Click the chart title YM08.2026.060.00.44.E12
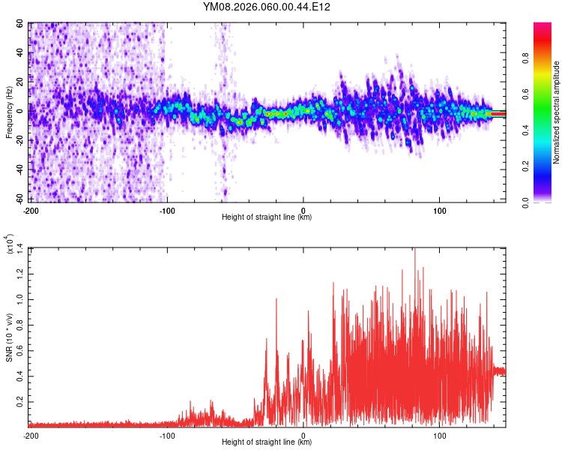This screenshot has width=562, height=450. [x=267, y=7]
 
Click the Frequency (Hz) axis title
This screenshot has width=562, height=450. [x=9, y=112]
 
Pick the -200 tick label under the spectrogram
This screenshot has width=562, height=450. [x=31, y=211]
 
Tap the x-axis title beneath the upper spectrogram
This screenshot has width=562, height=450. [x=267, y=217]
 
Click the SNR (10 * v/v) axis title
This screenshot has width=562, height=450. [x=9, y=337]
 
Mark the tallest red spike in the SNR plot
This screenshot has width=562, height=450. [x=414, y=250]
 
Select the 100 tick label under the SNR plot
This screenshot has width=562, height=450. [x=440, y=436]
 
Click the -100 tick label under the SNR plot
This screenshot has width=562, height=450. [x=166, y=436]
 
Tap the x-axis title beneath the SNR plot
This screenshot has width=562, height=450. [x=267, y=442]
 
